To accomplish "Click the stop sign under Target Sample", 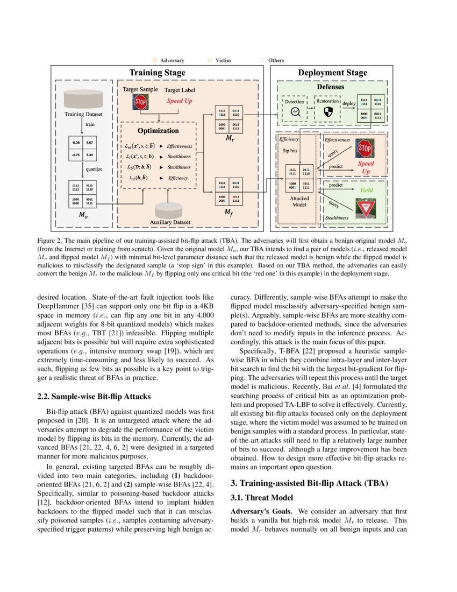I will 140,102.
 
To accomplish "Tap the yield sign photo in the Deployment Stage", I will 365,208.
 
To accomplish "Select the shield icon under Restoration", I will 327,112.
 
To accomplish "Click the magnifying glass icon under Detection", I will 295,112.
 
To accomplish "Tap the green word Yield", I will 366,190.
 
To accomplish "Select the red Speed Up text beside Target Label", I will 180,101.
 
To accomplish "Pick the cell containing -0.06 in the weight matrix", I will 75,144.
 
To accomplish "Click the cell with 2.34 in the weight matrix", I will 90,156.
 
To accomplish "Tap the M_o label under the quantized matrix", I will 82,215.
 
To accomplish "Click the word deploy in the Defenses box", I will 349,105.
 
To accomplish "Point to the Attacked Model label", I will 299,201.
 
